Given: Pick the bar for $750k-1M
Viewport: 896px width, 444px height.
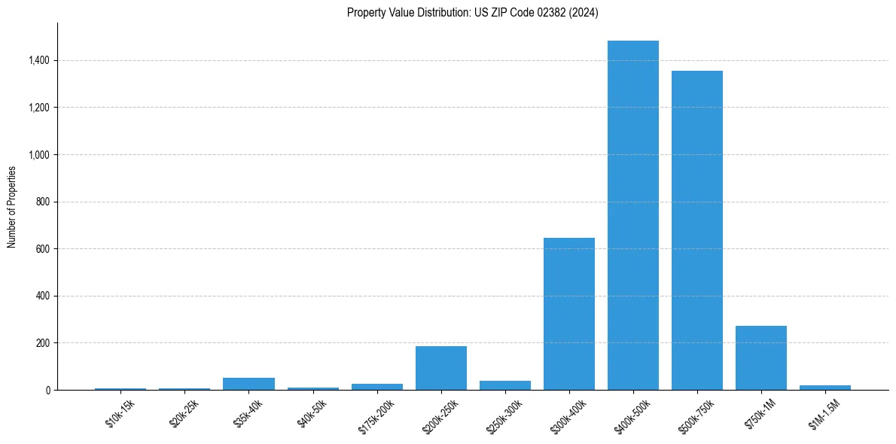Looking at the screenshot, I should [761, 358].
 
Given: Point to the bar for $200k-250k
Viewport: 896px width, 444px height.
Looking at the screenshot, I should [441, 368].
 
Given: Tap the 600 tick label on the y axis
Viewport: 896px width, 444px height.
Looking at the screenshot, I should [43, 249].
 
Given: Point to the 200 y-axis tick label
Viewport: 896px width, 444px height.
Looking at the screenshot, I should [43, 343].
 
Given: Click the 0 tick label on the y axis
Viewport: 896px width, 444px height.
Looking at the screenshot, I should [47, 391].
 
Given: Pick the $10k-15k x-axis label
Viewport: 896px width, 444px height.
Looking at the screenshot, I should [120, 413].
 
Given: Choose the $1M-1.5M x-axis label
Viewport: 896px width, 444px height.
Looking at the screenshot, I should [824, 413].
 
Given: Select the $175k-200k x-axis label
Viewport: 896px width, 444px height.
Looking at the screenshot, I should [374, 415].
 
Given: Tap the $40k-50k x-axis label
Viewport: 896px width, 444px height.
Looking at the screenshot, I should [312, 413].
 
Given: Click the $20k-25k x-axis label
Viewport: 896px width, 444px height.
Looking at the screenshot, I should [184, 413].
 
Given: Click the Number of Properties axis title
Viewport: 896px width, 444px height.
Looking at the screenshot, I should [12, 207].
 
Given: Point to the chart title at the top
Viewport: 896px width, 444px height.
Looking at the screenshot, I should [473, 12].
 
